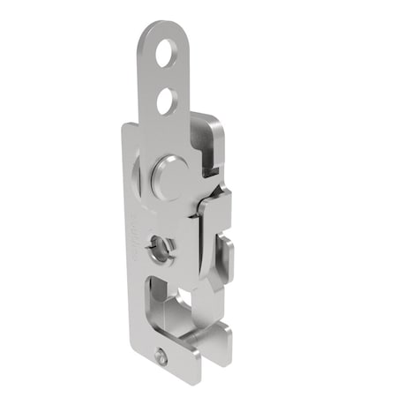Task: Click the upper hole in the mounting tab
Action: (x=165, y=56)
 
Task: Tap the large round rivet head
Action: (x=169, y=176)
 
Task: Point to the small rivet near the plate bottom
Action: (x=161, y=356)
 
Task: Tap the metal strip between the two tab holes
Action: (x=165, y=79)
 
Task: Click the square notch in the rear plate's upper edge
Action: (x=209, y=162)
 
